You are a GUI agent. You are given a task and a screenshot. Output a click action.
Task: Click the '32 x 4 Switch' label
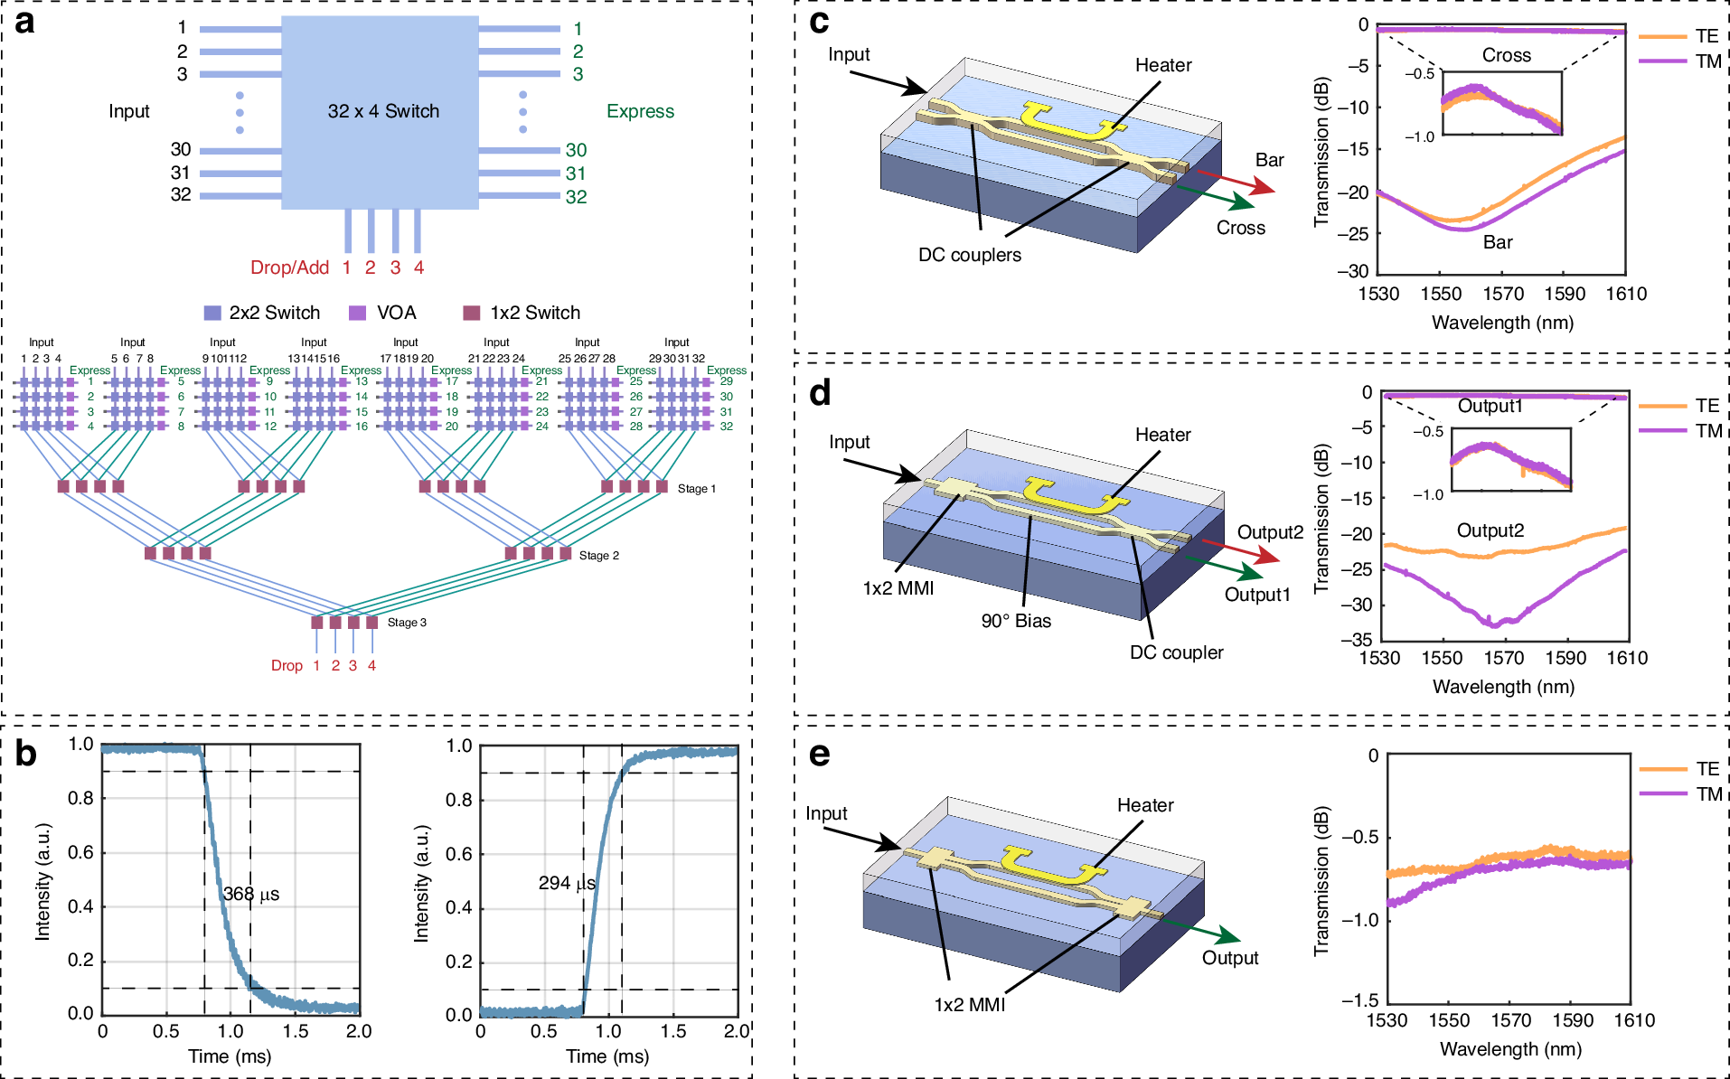click(x=383, y=111)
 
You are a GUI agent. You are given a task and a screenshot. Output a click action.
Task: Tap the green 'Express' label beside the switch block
click(x=640, y=111)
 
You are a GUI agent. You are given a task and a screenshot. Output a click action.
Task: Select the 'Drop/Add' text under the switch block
click(x=289, y=267)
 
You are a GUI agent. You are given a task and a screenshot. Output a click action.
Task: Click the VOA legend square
click(x=357, y=313)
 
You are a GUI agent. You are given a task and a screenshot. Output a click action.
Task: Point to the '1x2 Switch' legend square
click(x=471, y=313)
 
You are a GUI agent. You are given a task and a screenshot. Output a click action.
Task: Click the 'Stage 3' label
click(x=407, y=623)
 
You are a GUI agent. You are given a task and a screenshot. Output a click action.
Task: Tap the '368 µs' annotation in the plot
click(x=251, y=894)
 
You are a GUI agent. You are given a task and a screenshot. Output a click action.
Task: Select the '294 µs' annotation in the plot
click(x=567, y=883)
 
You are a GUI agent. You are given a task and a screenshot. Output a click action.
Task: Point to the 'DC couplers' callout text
click(x=970, y=255)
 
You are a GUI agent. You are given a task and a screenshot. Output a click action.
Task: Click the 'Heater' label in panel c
click(x=1163, y=65)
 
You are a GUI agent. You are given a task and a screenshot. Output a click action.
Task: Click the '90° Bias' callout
click(x=1016, y=621)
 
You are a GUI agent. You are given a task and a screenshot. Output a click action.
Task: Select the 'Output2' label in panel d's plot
click(x=1490, y=530)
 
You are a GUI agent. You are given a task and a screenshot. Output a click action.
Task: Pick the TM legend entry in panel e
click(x=1707, y=793)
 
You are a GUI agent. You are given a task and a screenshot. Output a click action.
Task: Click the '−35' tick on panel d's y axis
click(x=1356, y=640)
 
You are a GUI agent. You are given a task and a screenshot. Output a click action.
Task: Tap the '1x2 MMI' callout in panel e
click(x=969, y=1005)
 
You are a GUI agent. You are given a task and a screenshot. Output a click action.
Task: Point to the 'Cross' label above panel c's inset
click(x=1506, y=55)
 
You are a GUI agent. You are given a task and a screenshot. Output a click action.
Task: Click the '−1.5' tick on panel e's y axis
click(x=1359, y=999)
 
